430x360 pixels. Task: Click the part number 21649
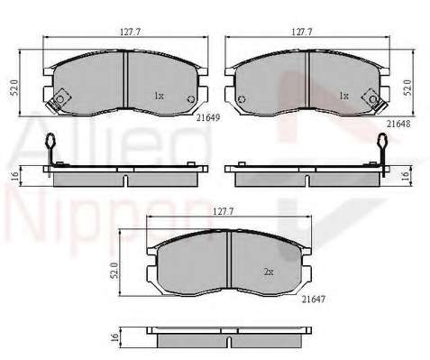pos(208,117)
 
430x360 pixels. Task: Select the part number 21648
pos(398,124)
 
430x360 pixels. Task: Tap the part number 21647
pos(314,299)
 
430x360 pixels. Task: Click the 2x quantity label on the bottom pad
pos(269,272)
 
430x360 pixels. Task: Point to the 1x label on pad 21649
pos(159,97)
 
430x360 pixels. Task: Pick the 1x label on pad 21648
pos(343,97)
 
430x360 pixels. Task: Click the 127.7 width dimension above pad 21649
pos(130,32)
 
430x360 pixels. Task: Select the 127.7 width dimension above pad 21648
pos(302,32)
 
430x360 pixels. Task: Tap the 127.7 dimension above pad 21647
pos(224,211)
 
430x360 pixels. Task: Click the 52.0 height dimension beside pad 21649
pos(15,88)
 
